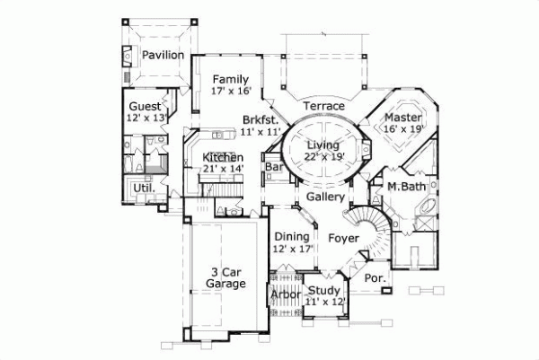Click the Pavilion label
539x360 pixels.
click(163, 56)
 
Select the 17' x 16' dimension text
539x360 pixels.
click(230, 92)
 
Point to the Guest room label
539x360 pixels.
click(146, 106)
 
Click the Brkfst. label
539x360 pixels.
click(260, 119)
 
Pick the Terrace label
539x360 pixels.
click(323, 107)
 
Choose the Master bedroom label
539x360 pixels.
click(403, 117)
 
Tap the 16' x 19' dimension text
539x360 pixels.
click(403, 129)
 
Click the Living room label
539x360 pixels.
click(323, 145)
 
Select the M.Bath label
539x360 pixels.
click(406, 187)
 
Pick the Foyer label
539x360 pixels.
click(343, 238)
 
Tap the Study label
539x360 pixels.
click(323, 290)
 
